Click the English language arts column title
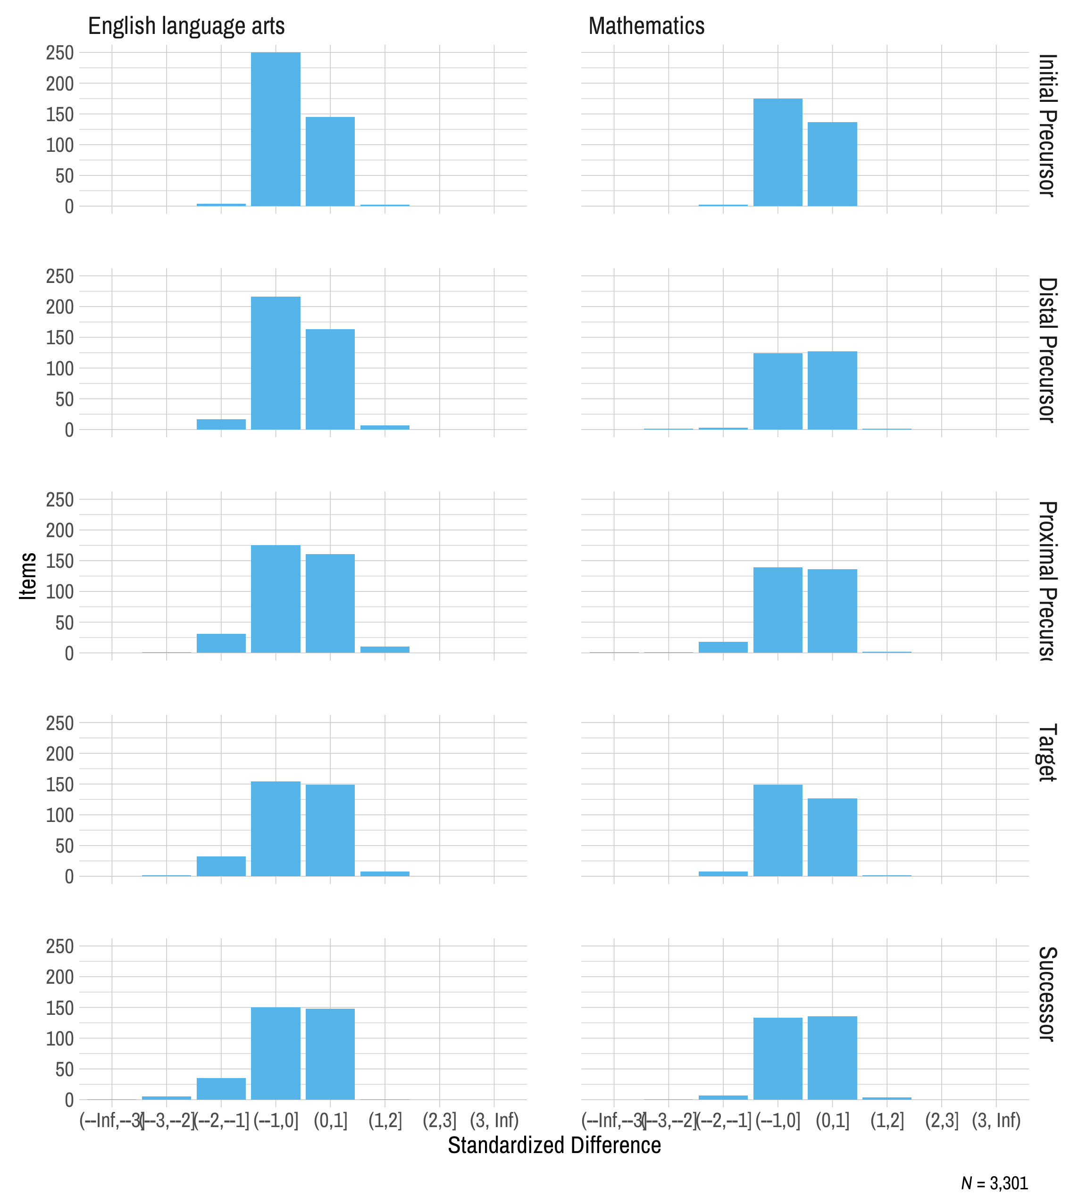tap(186, 26)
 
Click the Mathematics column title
tap(646, 26)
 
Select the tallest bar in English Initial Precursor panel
tap(275, 129)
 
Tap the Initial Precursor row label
tap(1047, 125)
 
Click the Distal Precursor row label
tap(1047, 350)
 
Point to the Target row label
tap(1047, 753)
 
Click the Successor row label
tap(1047, 994)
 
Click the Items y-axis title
tap(28, 576)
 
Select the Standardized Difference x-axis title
tap(554, 1145)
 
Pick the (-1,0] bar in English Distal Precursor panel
tap(275, 363)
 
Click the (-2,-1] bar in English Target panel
tap(221, 866)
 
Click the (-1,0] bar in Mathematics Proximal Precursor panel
tap(778, 610)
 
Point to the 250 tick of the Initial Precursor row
tap(59, 53)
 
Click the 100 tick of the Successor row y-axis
tap(59, 1038)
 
